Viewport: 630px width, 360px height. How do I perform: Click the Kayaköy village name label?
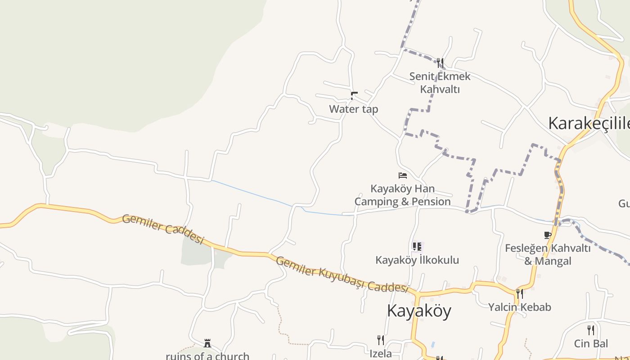coord(419,311)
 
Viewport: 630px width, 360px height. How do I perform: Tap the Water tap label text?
coord(353,109)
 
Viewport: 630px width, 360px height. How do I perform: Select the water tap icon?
coord(354,95)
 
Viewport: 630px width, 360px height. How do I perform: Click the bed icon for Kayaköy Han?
coord(403,175)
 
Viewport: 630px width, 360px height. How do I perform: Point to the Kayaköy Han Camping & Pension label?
coord(402,195)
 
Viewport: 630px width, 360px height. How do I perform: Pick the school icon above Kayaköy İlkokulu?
coord(417,246)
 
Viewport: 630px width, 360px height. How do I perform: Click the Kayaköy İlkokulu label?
coord(417,260)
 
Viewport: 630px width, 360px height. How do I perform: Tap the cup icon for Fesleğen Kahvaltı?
coord(547,235)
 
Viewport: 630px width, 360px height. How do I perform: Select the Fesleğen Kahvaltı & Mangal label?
coord(548,254)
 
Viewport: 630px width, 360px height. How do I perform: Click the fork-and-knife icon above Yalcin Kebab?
coord(520,294)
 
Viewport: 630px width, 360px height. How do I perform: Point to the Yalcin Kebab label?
coord(520,307)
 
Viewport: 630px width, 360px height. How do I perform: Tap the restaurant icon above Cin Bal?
coord(591,330)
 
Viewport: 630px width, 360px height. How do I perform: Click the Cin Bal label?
coord(591,344)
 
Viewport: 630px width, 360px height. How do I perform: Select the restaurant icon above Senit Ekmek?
coord(440,63)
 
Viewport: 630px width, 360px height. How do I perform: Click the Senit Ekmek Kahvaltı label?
coord(440,83)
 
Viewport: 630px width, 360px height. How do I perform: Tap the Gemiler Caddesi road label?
coord(163,229)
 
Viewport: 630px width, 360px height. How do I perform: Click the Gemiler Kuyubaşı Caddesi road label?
coord(342,274)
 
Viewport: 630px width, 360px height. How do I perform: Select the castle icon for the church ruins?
coord(207,343)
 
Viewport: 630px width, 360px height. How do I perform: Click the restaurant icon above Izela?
coord(381,339)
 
